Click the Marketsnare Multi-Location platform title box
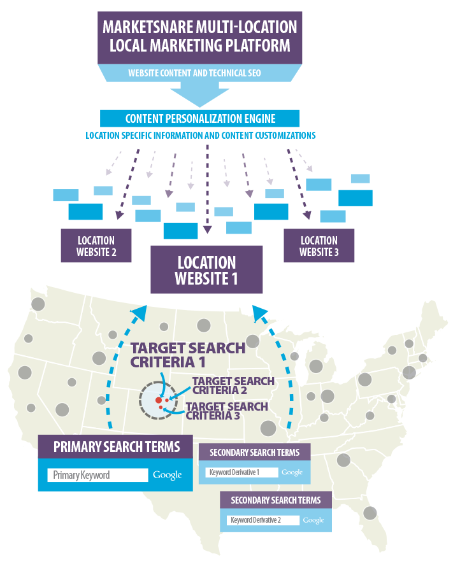pyautogui.click(x=199, y=36)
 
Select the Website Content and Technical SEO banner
pyautogui.click(x=199, y=73)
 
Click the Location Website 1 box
pyautogui.click(x=206, y=270)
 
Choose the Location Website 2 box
pyautogui.click(x=96, y=246)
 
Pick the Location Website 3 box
pyautogui.click(x=319, y=246)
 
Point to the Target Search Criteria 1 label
pyautogui.click(x=187, y=355)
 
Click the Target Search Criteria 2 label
pyautogui.click(x=233, y=385)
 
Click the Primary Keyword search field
pyautogui.click(x=97, y=475)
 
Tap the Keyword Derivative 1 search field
pyautogui.click(x=241, y=472)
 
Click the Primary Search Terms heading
pyautogui.click(x=117, y=446)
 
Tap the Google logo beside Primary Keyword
pyautogui.click(x=167, y=475)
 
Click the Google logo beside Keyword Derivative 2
pyautogui.click(x=313, y=520)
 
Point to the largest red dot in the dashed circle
pyautogui.click(x=158, y=400)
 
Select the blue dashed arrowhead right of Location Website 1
pyautogui.click(x=260, y=312)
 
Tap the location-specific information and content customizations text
pyautogui.click(x=200, y=136)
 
